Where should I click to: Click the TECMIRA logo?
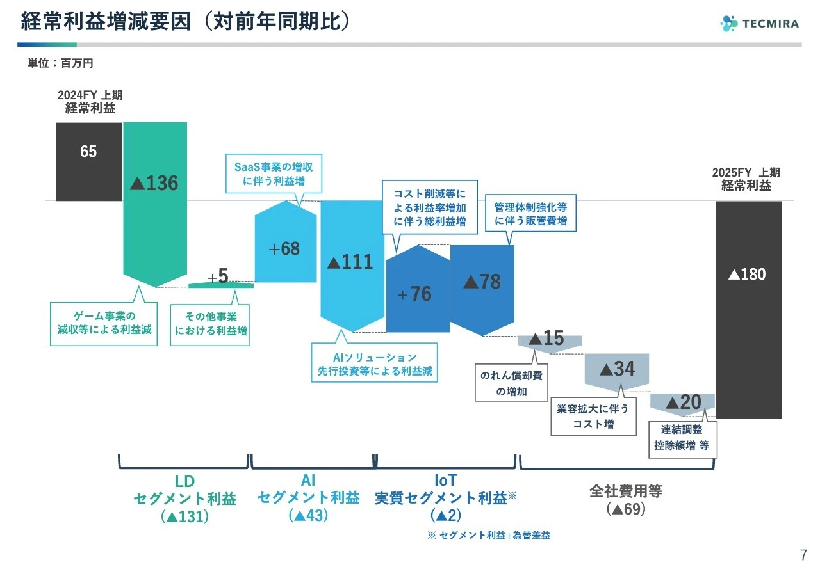coord(759,24)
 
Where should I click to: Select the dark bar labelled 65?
coord(88,161)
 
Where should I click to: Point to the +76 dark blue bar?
coord(417,291)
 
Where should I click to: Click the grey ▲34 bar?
coord(617,370)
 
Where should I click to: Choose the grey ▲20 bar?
coord(683,403)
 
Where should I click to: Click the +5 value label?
coord(218,276)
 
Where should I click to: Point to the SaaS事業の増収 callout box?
coord(274,174)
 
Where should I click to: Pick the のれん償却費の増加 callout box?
coord(511,383)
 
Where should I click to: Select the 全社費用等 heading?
coord(626,491)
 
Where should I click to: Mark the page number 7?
coord(803,554)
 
